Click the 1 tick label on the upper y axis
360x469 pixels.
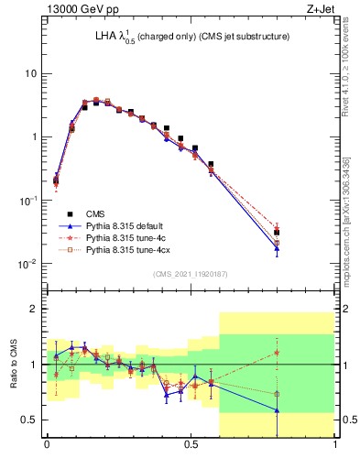(35, 137)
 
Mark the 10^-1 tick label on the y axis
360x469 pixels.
(30, 201)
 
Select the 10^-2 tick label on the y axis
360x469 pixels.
(30, 264)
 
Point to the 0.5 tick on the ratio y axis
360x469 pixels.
(31, 420)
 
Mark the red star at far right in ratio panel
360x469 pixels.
(277, 352)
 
